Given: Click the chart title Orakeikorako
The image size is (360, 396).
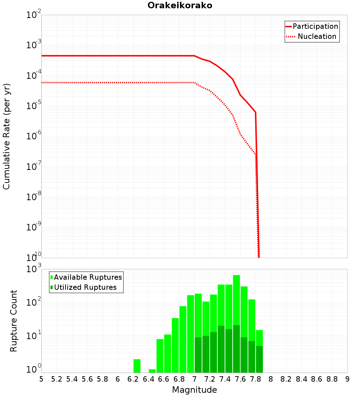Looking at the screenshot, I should [180, 6].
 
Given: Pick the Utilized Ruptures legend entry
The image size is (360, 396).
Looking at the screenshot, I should [85, 287].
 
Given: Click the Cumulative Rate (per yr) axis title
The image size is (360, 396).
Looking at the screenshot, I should [6, 136].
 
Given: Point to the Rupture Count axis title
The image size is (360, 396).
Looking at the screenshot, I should [14, 321].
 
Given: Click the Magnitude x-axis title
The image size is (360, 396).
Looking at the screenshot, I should [194, 390].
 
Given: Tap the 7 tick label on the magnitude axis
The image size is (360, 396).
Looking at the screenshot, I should [194, 379].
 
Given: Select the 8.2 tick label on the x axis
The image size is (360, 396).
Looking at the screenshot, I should [286, 379].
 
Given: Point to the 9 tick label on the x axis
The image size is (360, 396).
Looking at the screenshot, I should [347, 379].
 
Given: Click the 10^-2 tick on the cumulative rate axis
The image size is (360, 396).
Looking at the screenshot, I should [34, 15].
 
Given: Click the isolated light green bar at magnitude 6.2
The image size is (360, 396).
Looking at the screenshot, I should [137, 366].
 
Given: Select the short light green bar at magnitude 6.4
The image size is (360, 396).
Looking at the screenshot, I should [152, 371].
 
